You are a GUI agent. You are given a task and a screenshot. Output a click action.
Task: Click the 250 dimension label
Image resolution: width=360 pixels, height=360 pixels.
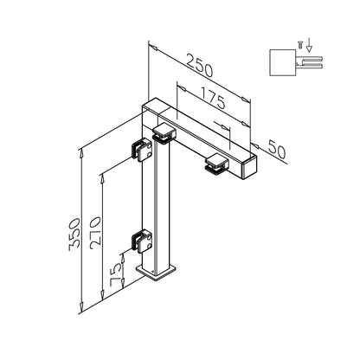[200, 66]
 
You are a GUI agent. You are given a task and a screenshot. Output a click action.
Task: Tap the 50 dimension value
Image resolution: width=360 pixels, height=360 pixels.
[276, 150]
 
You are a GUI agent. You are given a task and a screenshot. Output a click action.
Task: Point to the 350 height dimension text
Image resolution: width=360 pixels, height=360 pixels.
[74, 235]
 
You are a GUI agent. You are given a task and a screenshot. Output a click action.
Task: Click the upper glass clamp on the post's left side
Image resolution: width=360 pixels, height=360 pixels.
[142, 151]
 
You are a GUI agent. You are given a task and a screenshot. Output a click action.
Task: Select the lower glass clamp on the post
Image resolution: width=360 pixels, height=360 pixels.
[142, 241]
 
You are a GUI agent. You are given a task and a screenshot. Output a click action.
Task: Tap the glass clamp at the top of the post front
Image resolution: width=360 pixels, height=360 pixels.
[164, 134]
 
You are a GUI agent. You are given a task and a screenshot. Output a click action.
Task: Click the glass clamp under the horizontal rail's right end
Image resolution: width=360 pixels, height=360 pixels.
[217, 164]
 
